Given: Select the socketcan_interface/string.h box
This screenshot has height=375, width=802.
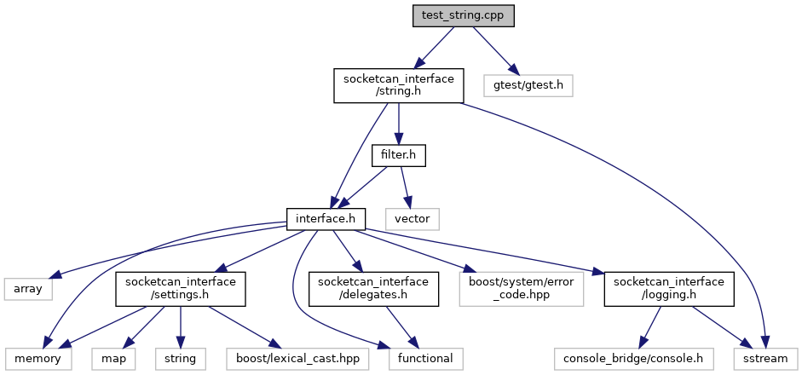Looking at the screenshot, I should [398, 85].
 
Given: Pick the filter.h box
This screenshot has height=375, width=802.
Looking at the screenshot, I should [398, 156].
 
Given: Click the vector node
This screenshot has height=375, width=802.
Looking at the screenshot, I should [413, 219].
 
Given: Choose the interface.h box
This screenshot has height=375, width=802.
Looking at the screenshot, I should [326, 219].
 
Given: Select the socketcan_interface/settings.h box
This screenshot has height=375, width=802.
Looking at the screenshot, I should [182, 289].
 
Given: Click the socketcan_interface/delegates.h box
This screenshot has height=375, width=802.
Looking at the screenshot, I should [374, 289].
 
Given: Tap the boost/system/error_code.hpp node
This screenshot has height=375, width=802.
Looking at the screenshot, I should [520, 289].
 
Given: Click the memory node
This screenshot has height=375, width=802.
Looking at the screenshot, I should [37, 359].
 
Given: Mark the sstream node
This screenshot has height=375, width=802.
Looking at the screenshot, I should [765, 359].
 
